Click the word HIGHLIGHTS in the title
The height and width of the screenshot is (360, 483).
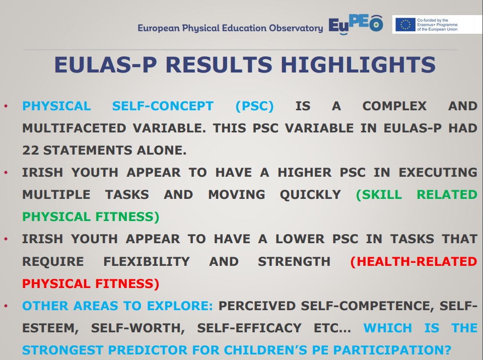358,64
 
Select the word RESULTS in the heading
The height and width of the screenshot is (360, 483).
219,64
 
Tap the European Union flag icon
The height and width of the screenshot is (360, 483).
405,25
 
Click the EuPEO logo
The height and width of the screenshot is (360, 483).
356,25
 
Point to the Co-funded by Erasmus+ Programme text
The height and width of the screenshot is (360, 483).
437,25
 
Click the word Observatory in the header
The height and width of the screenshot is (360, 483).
296,28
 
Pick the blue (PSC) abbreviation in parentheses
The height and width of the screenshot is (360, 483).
254,106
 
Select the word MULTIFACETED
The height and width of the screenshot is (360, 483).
74,128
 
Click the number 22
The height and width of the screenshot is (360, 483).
31,150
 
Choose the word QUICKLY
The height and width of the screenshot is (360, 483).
310,195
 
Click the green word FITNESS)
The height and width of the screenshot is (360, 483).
127,217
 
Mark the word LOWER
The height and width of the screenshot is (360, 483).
300,239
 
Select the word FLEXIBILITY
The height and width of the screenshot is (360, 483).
147,261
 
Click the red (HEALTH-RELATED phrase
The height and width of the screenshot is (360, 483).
413,261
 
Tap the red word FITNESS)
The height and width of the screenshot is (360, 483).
127,283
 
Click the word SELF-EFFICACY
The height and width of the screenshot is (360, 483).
249,328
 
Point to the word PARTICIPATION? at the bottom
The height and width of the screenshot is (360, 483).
392,350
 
